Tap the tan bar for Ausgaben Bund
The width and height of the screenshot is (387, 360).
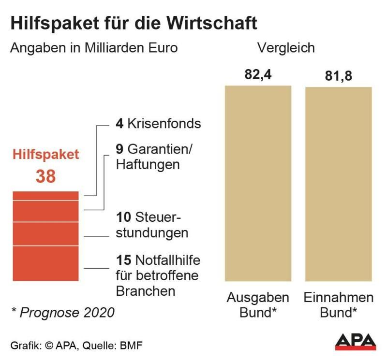pos(258,184)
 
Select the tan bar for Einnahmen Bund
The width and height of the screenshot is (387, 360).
pos(338,184)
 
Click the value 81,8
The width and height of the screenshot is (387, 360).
pos(338,76)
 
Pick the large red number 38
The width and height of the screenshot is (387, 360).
pos(45,176)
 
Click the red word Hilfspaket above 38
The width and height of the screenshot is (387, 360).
pos(45,155)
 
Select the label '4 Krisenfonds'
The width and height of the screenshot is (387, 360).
pos(158,123)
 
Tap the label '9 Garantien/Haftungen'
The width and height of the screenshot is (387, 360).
pos(154,156)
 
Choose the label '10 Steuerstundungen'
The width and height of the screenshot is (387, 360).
pos(152,225)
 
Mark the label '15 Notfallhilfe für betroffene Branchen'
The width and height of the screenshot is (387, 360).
pos(158,276)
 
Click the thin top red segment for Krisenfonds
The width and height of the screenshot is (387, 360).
pos(45,196)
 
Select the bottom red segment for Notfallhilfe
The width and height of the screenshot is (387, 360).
pos(45,263)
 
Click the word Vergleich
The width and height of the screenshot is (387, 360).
pos(286,48)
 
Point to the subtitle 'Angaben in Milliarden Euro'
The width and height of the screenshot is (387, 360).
pos(94,48)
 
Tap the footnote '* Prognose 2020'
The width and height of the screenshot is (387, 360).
pos(63,312)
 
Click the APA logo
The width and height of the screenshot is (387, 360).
pos(356,342)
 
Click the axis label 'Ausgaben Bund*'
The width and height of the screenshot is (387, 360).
pos(258,304)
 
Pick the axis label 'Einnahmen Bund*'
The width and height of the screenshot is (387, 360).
pos(339,304)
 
